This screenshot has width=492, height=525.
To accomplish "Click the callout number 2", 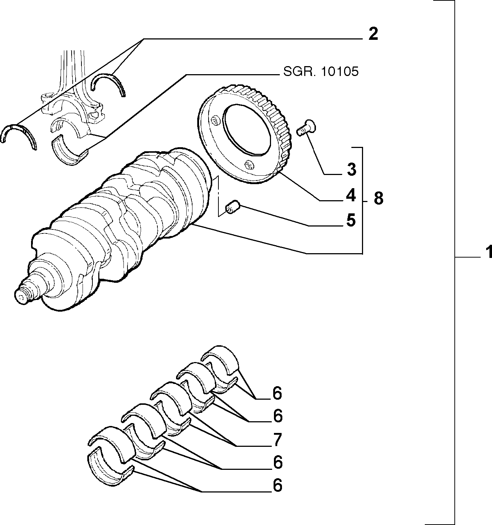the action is click(373, 34).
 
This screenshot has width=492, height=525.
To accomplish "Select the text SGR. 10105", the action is click(321, 71).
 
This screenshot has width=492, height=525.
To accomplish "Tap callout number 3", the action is click(351, 170).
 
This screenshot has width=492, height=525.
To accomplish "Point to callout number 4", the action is click(351, 195).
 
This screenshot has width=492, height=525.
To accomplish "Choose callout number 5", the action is click(351, 220).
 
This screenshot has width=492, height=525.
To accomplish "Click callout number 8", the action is click(378, 198).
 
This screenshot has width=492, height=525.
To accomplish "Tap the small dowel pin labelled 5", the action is click(233, 207).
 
